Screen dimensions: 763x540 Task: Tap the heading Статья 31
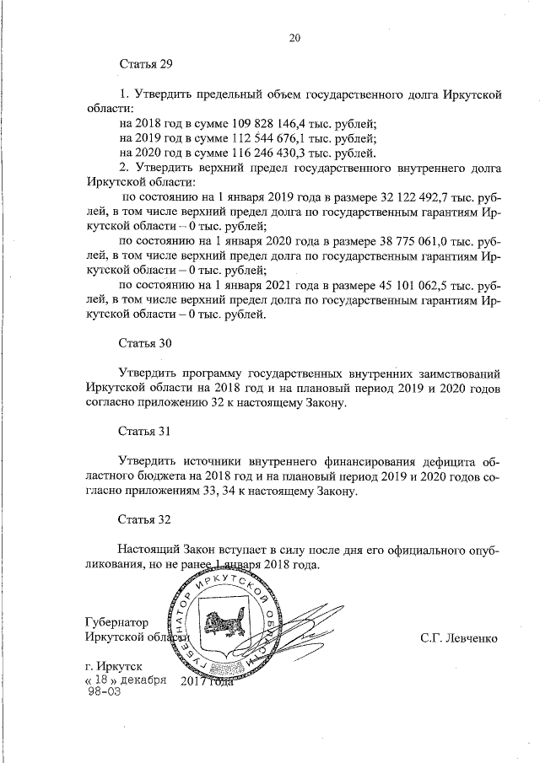coord(145,432)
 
